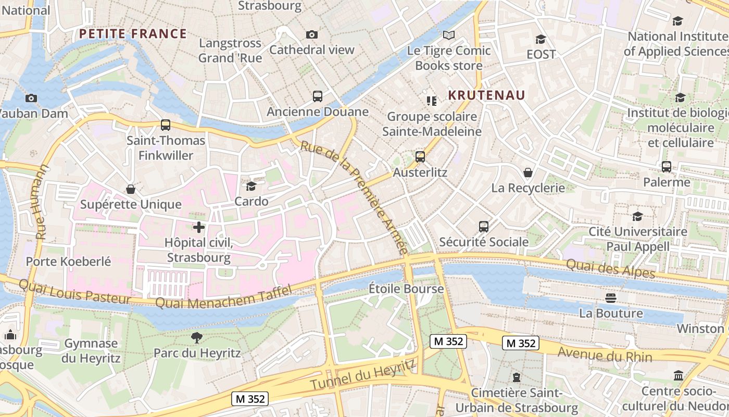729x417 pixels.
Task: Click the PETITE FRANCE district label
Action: [133, 34]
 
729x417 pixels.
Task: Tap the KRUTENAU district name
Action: [486, 95]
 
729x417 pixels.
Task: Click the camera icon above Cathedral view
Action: [312, 35]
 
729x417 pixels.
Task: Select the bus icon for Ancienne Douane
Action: [318, 96]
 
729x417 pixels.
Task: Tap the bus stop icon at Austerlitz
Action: [420, 156]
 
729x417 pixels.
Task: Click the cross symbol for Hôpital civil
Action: [198, 227]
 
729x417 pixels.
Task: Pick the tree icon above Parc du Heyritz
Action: [197, 338]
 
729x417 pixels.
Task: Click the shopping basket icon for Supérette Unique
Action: [130, 189]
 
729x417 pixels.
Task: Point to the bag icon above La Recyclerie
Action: [528, 173]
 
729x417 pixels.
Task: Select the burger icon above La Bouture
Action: [611, 298]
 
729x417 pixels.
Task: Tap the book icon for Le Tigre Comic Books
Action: [448, 35]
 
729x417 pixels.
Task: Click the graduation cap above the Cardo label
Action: [252, 186]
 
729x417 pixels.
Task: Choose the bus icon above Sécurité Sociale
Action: [484, 227]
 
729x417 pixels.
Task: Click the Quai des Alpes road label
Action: [610, 268]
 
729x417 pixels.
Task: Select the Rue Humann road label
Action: [41, 202]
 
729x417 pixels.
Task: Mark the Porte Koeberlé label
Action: [68, 261]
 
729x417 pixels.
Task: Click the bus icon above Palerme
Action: [667, 167]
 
